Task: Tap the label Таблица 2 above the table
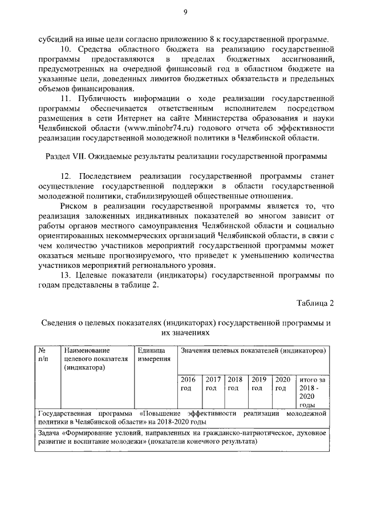click(314, 302)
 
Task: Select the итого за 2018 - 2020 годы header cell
click(311, 391)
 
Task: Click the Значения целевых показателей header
click(253, 349)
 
